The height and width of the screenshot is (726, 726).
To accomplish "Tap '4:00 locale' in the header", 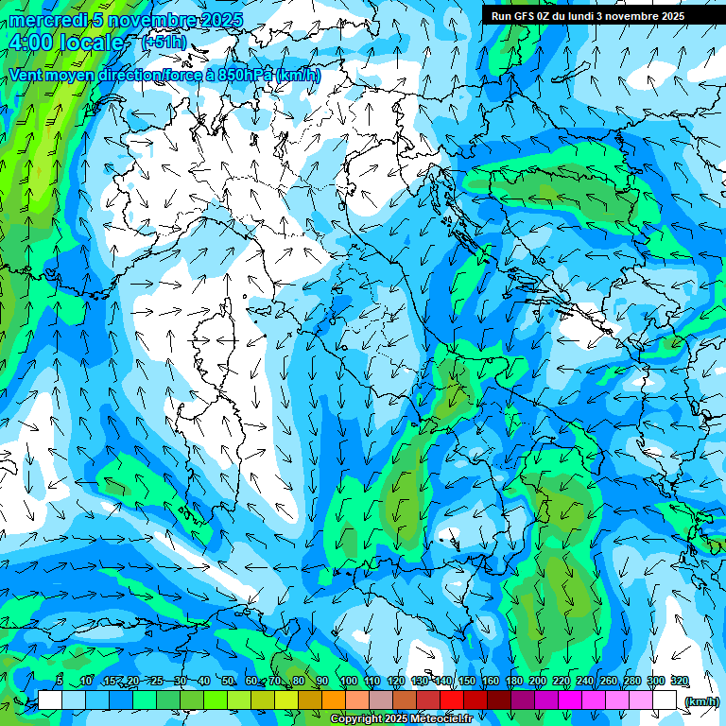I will pyautogui.click(x=66, y=43).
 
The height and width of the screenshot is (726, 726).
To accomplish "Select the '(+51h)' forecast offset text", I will pyautogui.click(x=164, y=43).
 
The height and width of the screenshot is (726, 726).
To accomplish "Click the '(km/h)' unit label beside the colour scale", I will pyautogui.click(x=701, y=700).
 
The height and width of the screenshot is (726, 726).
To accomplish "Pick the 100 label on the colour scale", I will pyautogui.click(x=348, y=681).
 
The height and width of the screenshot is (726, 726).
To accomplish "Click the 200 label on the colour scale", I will pyautogui.click(x=538, y=681).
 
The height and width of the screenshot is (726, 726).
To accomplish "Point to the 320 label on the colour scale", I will pyautogui.click(x=679, y=681).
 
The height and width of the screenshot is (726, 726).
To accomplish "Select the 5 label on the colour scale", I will pyautogui.click(x=59, y=681).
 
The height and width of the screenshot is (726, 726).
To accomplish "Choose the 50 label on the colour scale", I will pyautogui.click(x=228, y=681).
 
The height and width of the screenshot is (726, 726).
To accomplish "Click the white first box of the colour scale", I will pyautogui.click(x=50, y=700).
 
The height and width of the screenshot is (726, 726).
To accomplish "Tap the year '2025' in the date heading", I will pyautogui.click(x=221, y=21).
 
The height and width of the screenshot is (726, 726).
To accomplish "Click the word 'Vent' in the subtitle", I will pyautogui.click(x=27, y=74).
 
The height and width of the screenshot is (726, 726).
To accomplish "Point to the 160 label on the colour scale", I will pyautogui.click(x=491, y=681).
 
